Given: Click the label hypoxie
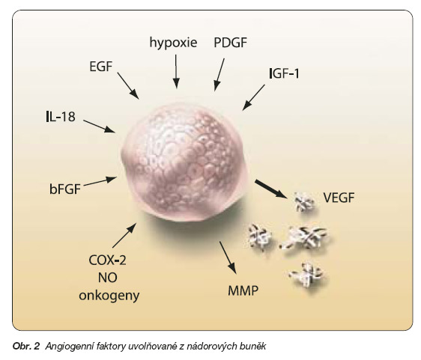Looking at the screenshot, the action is pyautogui.click(x=173, y=43).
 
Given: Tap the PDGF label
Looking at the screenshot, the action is pyautogui.click(x=231, y=43).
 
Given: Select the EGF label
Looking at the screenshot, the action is pyautogui.click(x=100, y=67).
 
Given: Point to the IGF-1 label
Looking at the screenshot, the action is pyautogui.click(x=284, y=73).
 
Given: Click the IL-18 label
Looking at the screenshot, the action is pyautogui.click(x=61, y=117).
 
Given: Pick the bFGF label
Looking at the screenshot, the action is pyautogui.click(x=65, y=189).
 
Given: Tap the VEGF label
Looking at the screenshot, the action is pyautogui.click(x=339, y=198).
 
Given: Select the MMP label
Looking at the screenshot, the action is pyautogui.click(x=243, y=290).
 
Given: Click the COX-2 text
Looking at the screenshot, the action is pyautogui.click(x=107, y=260).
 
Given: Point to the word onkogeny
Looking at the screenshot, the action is pyautogui.click(x=109, y=296).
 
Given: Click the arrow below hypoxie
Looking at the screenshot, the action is pyautogui.click(x=176, y=71).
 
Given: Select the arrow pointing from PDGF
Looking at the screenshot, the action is pyautogui.click(x=219, y=75).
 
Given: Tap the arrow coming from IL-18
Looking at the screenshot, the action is pyautogui.click(x=99, y=126).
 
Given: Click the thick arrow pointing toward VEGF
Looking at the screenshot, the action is pyautogui.click(x=271, y=189).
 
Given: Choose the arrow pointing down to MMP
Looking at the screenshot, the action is pyautogui.click(x=228, y=257).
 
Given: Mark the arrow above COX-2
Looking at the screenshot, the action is pyautogui.click(x=124, y=236).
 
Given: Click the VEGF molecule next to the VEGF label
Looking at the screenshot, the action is pyautogui.click(x=303, y=202).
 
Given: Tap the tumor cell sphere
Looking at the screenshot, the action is pyautogui.click(x=184, y=162).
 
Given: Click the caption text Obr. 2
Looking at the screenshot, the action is pyautogui.click(x=26, y=347).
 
